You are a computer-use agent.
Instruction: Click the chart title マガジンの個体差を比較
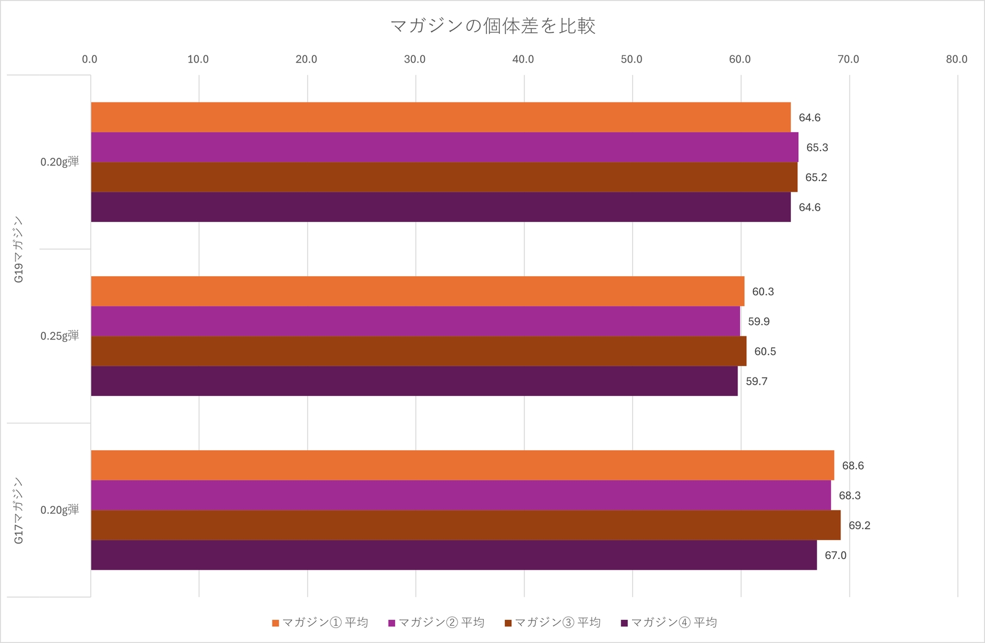coord(492,26)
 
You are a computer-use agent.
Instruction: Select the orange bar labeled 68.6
coord(462,465)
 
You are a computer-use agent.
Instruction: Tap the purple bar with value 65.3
coord(444,147)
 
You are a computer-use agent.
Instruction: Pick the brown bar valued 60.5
coord(418,351)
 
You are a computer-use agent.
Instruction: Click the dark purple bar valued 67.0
coord(454,555)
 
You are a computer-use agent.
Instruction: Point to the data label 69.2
coord(859,526)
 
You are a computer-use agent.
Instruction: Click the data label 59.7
coord(756,382)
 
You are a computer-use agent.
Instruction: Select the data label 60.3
coord(762,292)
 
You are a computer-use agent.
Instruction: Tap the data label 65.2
coord(815,177)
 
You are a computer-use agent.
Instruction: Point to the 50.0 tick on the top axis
coord(631,60)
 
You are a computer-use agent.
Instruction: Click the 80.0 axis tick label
coord(956,60)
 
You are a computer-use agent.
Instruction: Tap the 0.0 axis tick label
coord(90,60)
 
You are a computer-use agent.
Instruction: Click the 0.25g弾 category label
coord(60,336)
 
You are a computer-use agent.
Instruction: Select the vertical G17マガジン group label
coord(18,510)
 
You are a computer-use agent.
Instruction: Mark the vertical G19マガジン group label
coord(18,249)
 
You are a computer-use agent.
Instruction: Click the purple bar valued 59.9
coord(415,321)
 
